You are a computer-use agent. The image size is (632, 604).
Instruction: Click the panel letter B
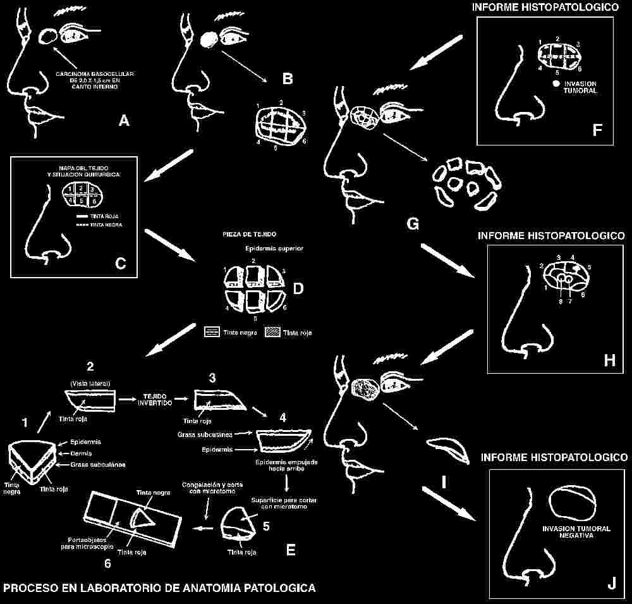click(288, 79)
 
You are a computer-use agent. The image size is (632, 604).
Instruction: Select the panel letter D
click(298, 288)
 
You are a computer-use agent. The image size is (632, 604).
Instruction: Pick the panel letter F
click(597, 130)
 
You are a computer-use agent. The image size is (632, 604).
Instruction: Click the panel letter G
click(413, 223)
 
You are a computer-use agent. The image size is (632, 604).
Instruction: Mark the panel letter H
click(609, 360)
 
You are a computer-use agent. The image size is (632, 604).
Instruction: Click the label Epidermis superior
click(275, 249)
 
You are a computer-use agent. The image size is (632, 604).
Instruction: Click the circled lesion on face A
click(46, 37)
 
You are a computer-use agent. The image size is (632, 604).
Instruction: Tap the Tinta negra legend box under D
click(212, 331)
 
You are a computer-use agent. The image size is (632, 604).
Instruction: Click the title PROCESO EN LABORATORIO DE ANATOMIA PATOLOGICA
click(159, 588)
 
